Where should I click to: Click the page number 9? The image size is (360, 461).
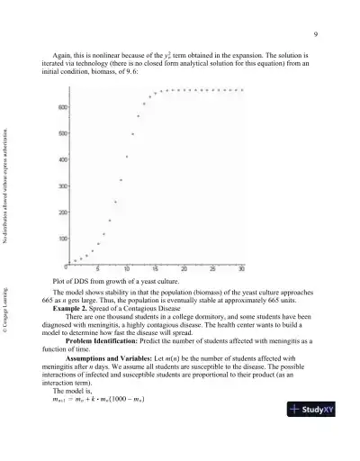coord(317,35)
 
